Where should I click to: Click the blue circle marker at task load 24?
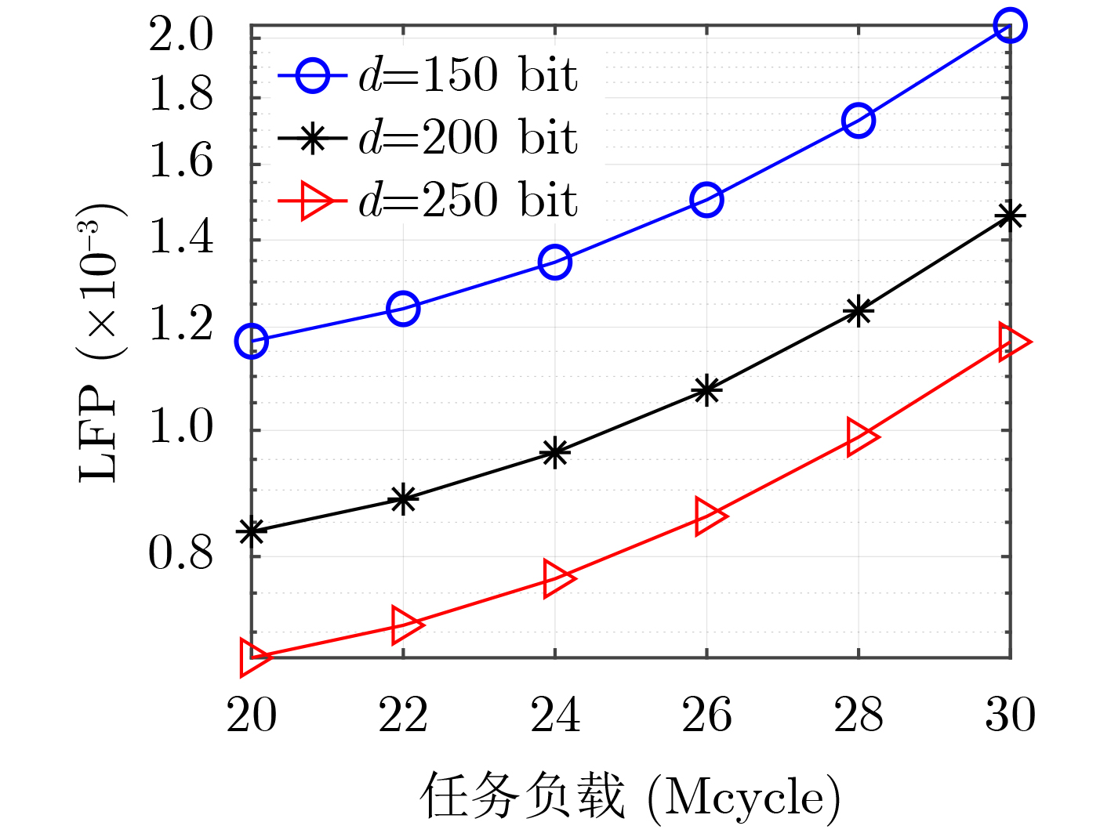[x=555, y=262]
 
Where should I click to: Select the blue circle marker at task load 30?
[x=1009, y=26]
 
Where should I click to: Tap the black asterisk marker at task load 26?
[x=706, y=389]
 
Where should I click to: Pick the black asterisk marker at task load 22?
[x=403, y=498]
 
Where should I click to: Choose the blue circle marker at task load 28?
[x=859, y=120]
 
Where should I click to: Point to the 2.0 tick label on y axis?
[x=181, y=35]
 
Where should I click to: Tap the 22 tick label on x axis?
[x=403, y=715]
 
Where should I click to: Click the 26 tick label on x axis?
[x=706, y=715]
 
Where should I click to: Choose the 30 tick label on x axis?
[x=1010, y=715]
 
